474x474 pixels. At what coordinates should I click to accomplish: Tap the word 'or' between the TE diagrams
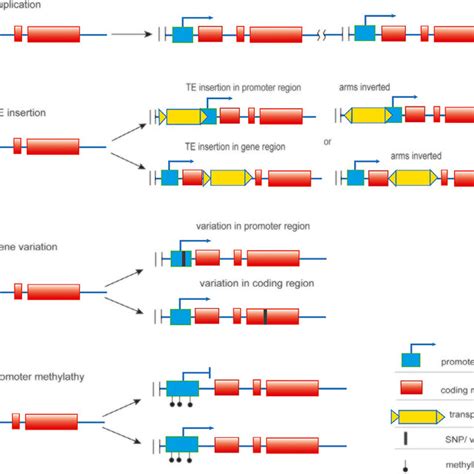327,141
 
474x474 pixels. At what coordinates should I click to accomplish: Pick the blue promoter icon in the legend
410,361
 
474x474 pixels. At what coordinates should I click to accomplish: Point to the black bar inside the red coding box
264,316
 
